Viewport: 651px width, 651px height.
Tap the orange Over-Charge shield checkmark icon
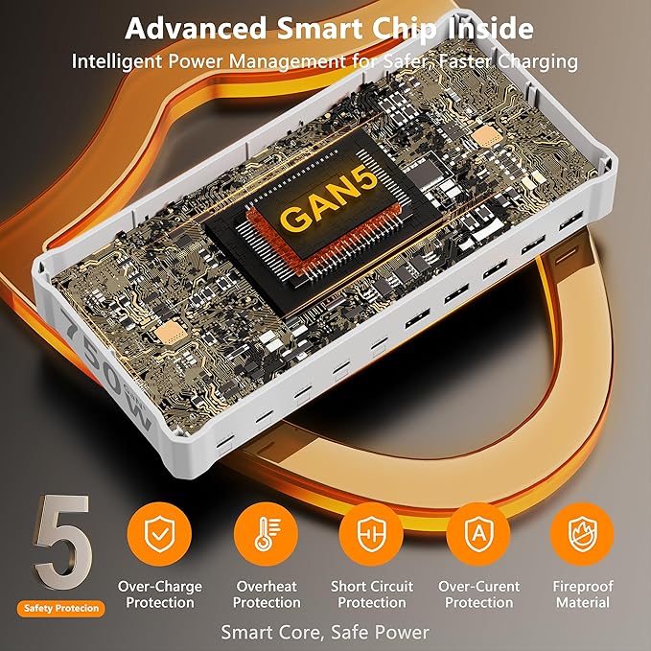tap(159, 534)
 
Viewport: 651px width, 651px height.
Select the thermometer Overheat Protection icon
tap(266, 534)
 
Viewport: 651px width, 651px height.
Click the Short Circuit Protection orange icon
tap(372, 534)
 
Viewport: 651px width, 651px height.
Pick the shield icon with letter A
tap(478, 534)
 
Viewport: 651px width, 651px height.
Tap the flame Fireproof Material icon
tap(582, 534)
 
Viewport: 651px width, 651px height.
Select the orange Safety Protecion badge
tap(61, 609)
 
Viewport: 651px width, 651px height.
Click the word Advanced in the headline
tap(196, 29)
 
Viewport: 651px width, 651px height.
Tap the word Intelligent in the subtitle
tap(117, 62)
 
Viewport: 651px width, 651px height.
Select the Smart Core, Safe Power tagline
tap(325, 633)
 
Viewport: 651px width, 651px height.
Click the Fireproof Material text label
tap(583, 594)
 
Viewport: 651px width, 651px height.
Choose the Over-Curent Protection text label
tap(478, 594)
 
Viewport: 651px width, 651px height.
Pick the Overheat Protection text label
tap(267, 594)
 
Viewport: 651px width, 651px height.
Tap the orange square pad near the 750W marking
tap(171, 333)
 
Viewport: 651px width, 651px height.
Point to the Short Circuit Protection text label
tap(372, 594)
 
